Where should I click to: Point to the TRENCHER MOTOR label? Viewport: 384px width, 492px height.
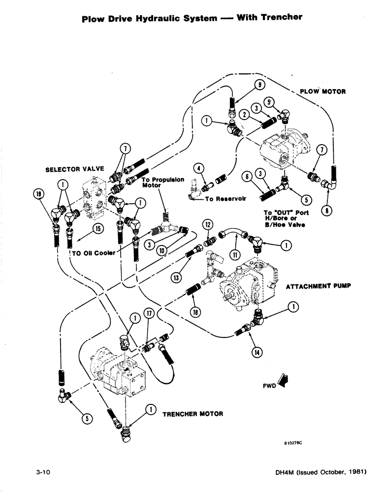tap(192, 414)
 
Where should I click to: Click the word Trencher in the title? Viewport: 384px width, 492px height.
tap(278, 17)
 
